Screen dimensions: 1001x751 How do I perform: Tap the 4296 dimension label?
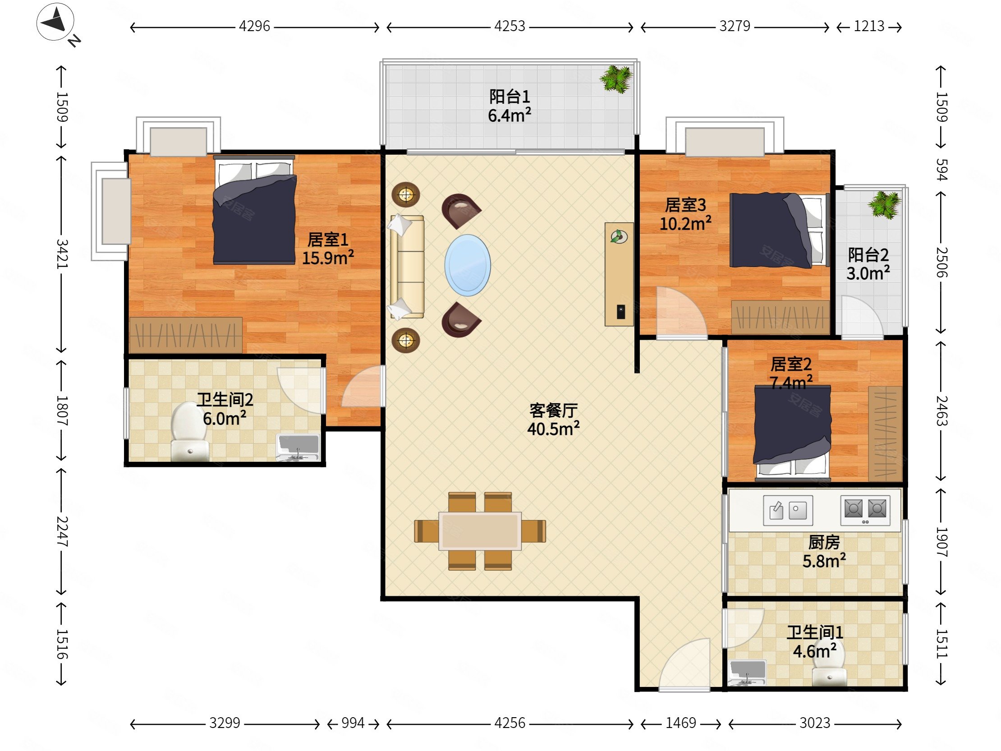(254, 26)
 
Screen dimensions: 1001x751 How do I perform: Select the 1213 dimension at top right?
(869, 26)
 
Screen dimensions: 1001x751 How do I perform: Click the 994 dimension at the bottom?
(353, 723)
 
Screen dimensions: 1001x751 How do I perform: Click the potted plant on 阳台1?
(616, 79)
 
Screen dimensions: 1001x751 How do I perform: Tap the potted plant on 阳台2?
(884, 205)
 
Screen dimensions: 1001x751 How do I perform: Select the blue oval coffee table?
(468, 265)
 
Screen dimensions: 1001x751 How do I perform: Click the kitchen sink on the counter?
(788, 511)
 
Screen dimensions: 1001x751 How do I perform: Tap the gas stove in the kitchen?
(865, 510)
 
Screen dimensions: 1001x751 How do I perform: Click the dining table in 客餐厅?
(480, 531)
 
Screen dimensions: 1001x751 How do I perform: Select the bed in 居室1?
(255, 210)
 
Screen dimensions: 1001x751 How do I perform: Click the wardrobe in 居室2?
(885, 433)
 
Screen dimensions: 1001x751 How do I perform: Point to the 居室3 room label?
(685, 205)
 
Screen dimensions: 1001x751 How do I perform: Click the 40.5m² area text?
(553, 428)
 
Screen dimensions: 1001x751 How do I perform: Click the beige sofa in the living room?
(407, 267)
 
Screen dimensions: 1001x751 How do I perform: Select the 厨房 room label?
(824, 542)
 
